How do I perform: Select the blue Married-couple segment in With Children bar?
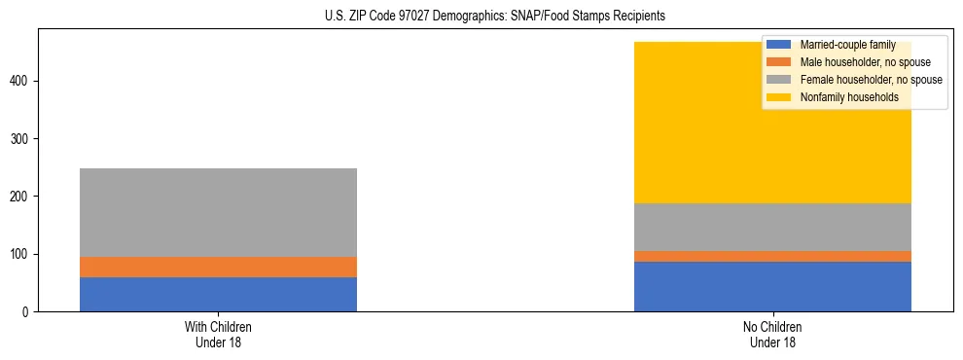(x=218, y=294)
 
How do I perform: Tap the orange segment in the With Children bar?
(x=218, y=267)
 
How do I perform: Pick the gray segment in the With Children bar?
(x=218, y=212)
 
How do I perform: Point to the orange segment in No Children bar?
(x=772, y=256)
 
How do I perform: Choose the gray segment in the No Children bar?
(x=772, y=227)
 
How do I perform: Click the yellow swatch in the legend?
(x=779, y=97)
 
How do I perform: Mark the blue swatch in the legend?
(x=779, y=45)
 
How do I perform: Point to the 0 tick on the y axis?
(x=28, y=312)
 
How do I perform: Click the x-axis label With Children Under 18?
(x=218, y=334)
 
